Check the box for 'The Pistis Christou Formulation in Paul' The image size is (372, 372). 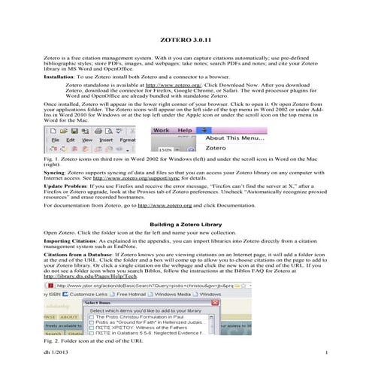[x=93, y=313]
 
